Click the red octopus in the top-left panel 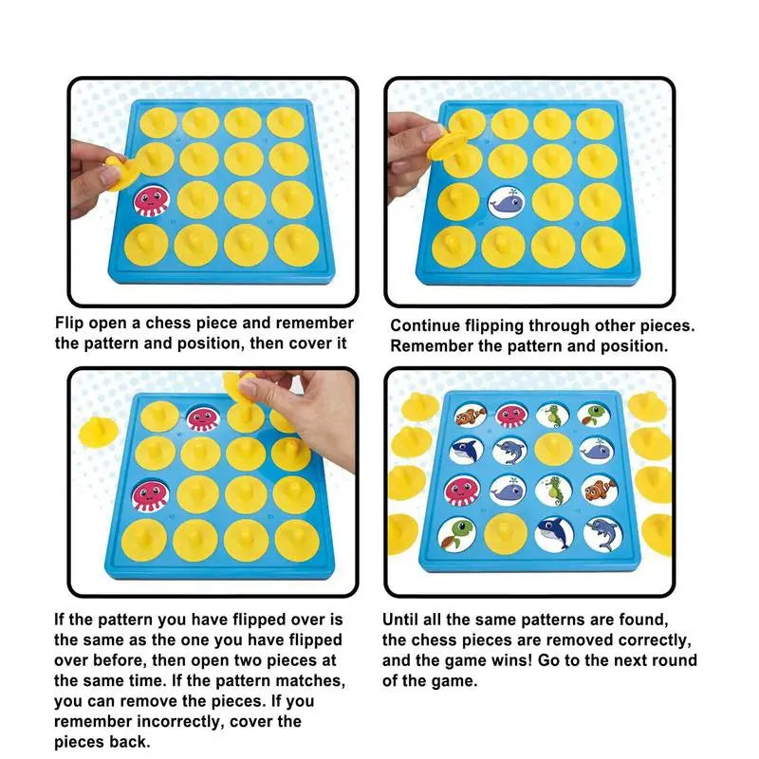coord(152,201)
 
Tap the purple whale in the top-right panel coord(507,202)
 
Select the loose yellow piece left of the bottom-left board coord(99,432)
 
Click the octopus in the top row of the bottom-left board coord(203,419)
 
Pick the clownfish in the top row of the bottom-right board coord(471,416)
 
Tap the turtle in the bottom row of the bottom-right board coord(455,534)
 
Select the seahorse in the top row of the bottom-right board coord(552,416)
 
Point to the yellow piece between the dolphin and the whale coord(553,450)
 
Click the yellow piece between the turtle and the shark coord(506,533)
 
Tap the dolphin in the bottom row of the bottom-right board coord(602,534)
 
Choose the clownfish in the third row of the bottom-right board coord(601,489)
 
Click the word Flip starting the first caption coord(69,323)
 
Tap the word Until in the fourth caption coord(400,620)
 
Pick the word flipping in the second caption coord(493,326)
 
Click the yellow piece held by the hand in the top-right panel coord(446,144)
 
